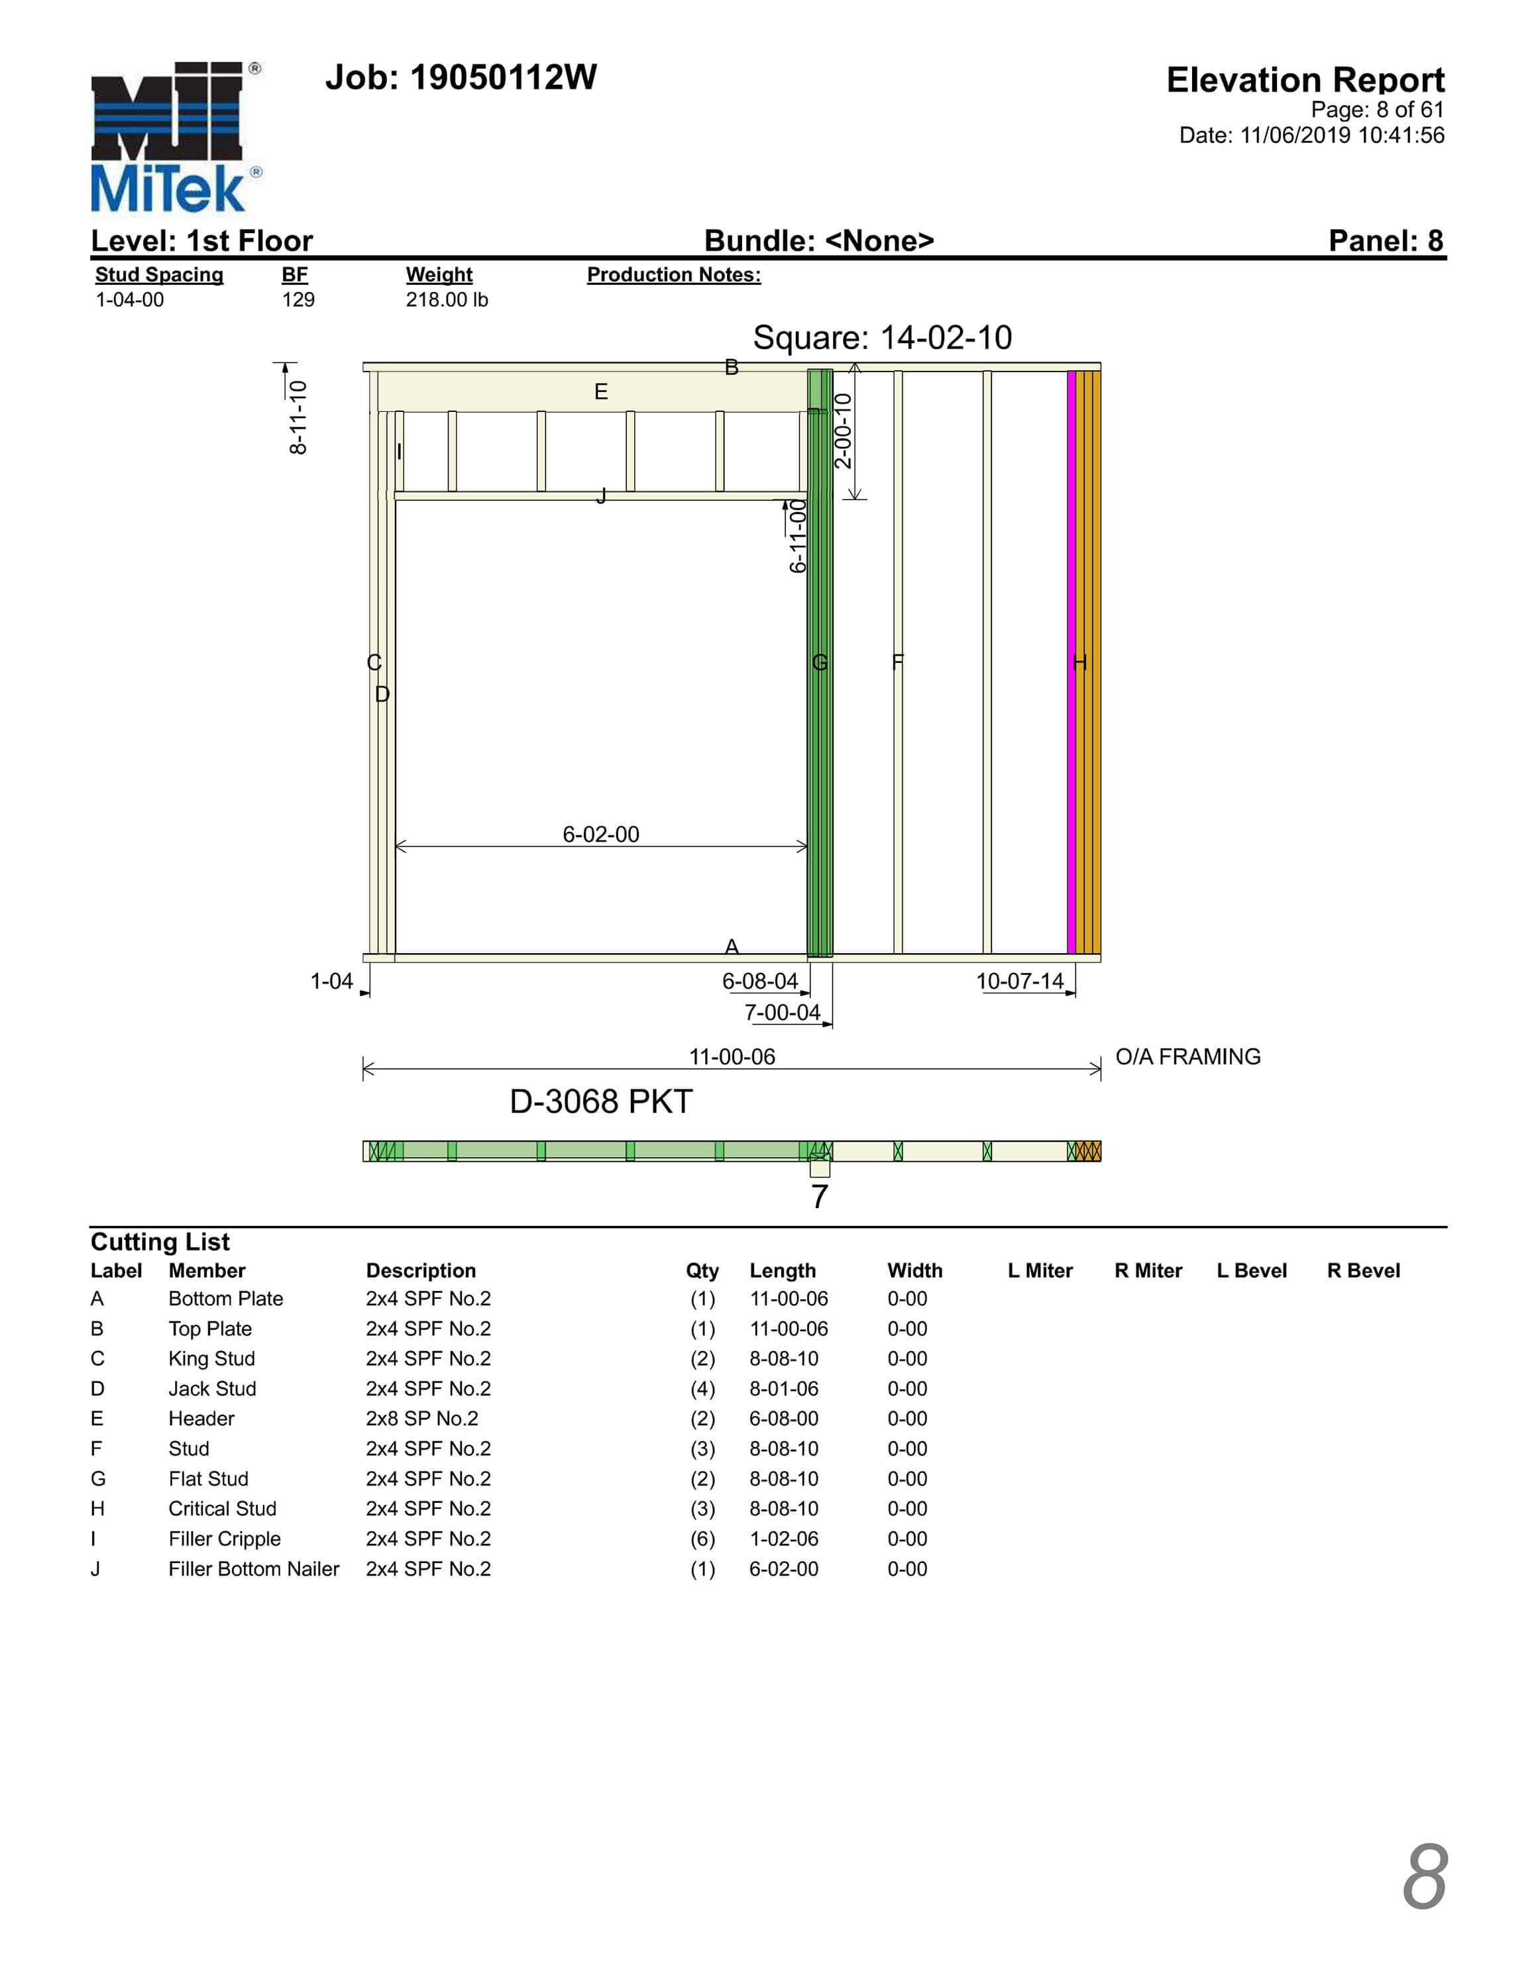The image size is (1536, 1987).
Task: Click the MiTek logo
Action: point(173,136)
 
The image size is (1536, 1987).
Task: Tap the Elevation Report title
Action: point(1304,80)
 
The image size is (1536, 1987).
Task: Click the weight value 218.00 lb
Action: point(446,299)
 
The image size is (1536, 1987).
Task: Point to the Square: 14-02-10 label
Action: point(882,338)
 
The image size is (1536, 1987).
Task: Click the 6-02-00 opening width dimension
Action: point(600,835)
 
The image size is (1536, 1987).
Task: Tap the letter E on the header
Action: point(600,392)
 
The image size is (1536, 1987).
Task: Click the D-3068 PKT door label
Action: point(600,1101)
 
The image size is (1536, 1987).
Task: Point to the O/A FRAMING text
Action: point(1187,1057)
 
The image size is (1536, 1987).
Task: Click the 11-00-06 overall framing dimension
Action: point(732,1057)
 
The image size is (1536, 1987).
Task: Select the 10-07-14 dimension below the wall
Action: point(1019,982)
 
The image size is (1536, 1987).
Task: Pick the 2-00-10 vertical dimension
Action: point(843,431)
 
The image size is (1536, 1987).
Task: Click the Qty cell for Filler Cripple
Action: point(702,1539)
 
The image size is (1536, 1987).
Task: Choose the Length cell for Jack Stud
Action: point(783,1388)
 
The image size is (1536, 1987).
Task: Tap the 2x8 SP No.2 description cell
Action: point(421,1418)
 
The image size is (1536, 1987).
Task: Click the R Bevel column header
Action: point(1362,1271)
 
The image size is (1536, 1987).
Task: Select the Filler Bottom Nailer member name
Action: point(253,1568)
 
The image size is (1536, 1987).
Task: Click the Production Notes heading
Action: point(673,275)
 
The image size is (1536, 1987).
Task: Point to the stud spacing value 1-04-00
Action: point(129,299)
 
